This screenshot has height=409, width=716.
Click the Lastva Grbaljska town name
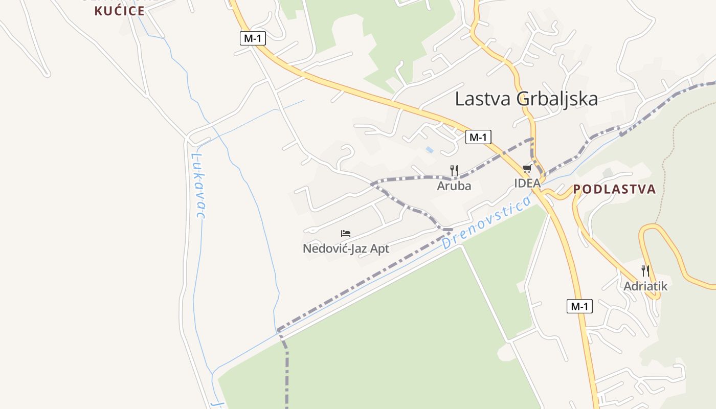click(x=526, y=99)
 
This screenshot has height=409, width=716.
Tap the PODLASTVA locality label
click(x=614, y=189)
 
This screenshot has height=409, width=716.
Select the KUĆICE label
click(x=119, y=11)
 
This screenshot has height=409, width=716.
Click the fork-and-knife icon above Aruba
click(x=454, y=170)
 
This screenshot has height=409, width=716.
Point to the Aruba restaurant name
click(x=454, y=186)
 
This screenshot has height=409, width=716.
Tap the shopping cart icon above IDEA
click(x=527, y=169)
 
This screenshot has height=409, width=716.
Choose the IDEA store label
click(x=527, y=183)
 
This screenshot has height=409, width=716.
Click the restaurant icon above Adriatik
click(x=645, y=270)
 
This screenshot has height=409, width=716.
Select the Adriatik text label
click(x=645, y=286)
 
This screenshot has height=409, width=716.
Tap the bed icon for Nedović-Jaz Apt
click(x=346, y=234)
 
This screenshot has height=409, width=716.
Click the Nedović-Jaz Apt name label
click(x=346, y=249)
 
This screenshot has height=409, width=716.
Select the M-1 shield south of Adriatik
click(x=579, y=307)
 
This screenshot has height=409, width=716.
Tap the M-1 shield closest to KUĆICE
click(x=253, y=38)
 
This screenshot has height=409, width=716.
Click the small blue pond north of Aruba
click(x=430, y=150)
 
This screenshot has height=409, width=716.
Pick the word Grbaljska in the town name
click(x=557, y=99)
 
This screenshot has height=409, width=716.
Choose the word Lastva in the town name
click(x=483, y=99)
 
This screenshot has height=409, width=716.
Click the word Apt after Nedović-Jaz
click(x=379, y=249)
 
